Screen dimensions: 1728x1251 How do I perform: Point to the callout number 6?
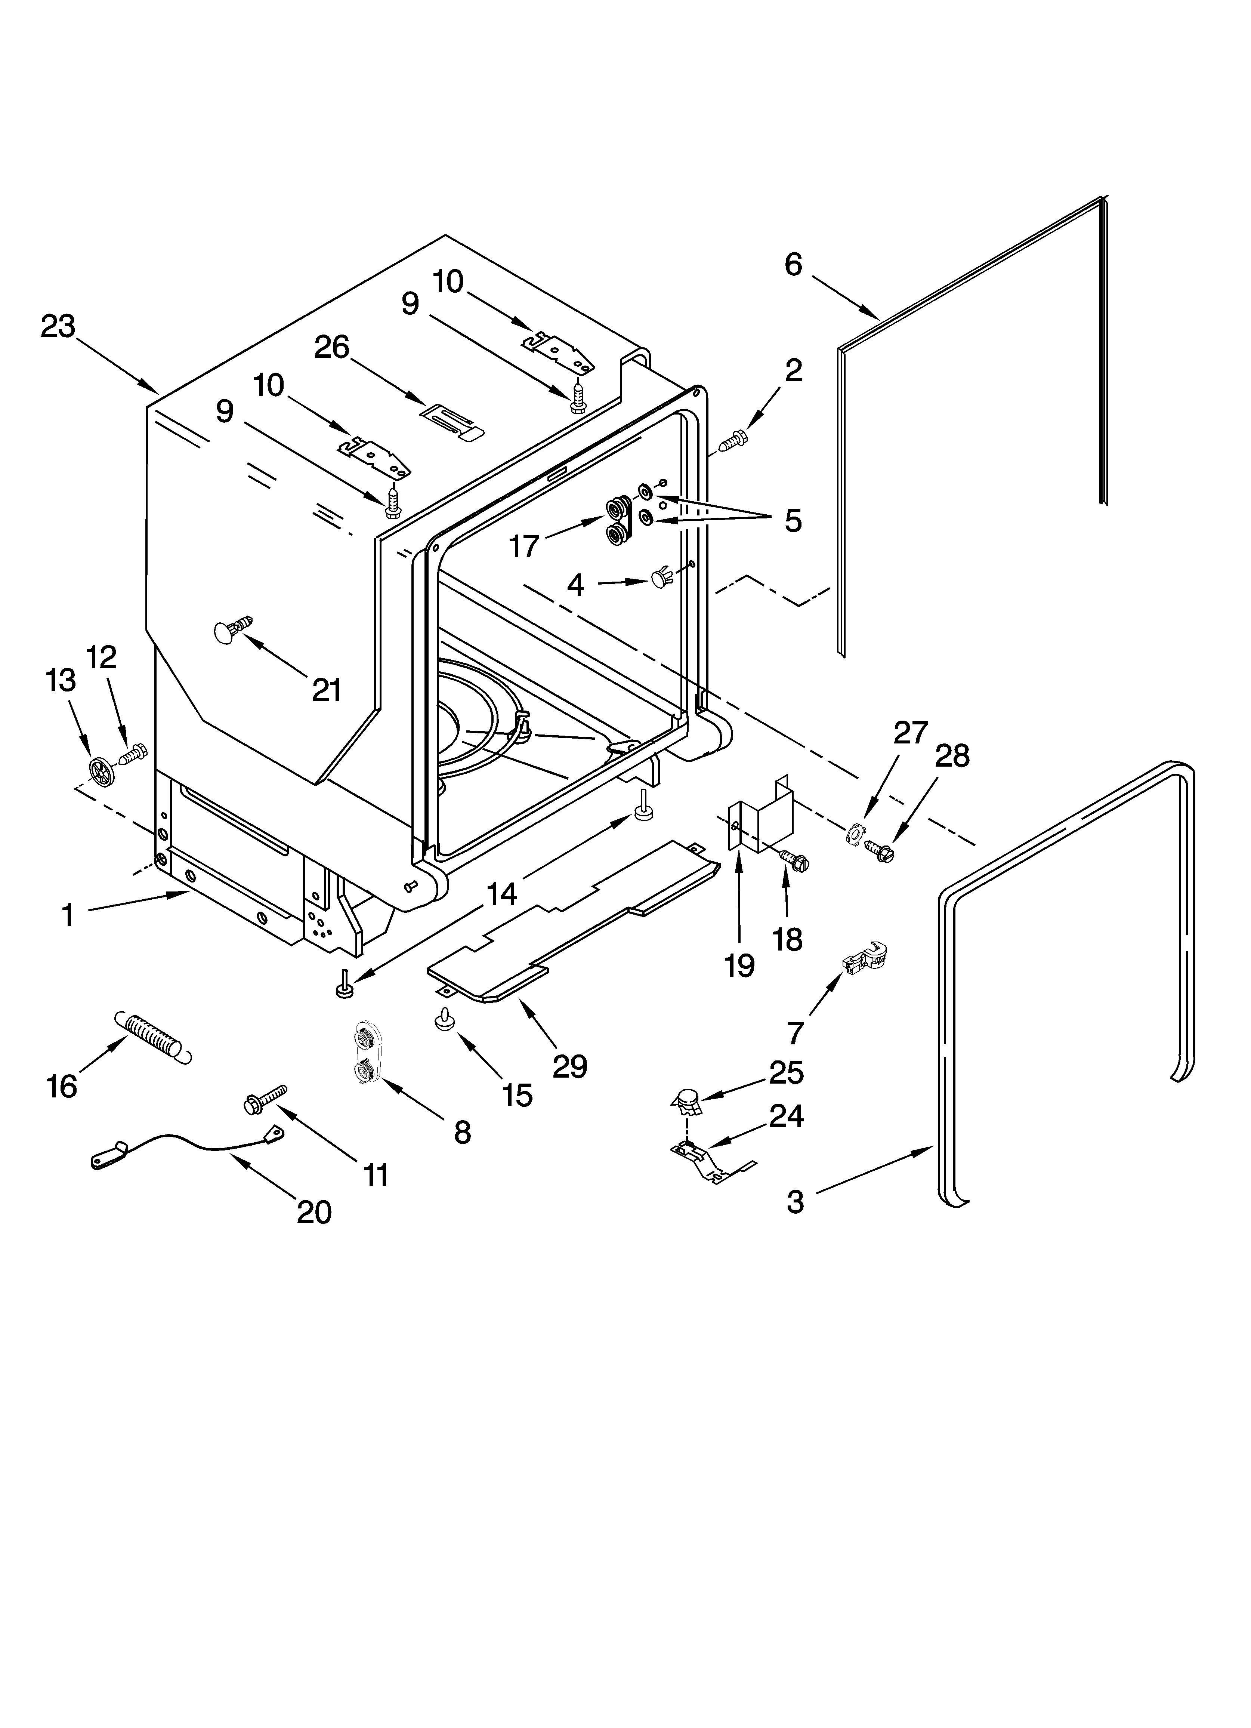pyautogui.click(x=793, y=264)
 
